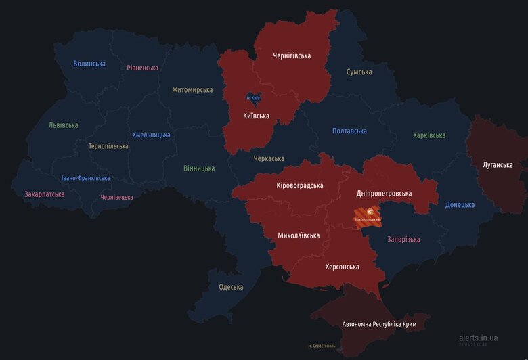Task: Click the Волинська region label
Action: coord(89,64)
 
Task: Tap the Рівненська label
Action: coord(142,68)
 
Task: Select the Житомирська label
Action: coord(192,90)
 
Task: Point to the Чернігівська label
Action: coord(291,55)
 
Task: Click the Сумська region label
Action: coord(359,72)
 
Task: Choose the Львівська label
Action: coord(63,125)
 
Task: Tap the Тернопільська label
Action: coord(108,146)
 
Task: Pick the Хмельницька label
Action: coord(151,135)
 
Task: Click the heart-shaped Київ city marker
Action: coord(253,99)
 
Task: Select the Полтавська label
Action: coord(349,131)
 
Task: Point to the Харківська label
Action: coord(429,135)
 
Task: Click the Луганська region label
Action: coord(498,165)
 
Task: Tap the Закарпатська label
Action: coord(45,194)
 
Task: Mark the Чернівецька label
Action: coord(116,198)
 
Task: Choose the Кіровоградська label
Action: coord(300,185)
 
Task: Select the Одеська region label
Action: coord(231,287)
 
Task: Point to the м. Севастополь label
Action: coord(323,346)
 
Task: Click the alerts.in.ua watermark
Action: coord(478,337)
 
